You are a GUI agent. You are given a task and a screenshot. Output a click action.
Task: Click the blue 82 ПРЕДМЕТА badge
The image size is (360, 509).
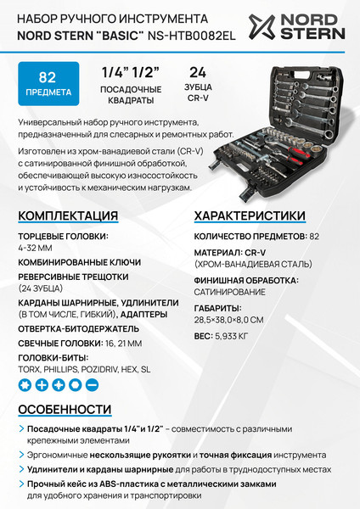click(x=48, y=84)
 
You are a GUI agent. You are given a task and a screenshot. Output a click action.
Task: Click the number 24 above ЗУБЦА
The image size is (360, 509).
click(x=198, y=72)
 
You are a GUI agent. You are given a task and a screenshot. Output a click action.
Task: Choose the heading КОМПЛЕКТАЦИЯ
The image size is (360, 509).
click(x=68, y=215)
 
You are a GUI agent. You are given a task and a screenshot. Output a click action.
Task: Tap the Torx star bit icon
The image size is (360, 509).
click(x=25, y=384)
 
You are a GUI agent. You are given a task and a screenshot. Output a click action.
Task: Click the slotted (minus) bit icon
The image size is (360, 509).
click(x=93, y=384)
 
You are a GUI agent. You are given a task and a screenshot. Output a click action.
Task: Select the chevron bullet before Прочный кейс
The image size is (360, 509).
click(x=21, y=484)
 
